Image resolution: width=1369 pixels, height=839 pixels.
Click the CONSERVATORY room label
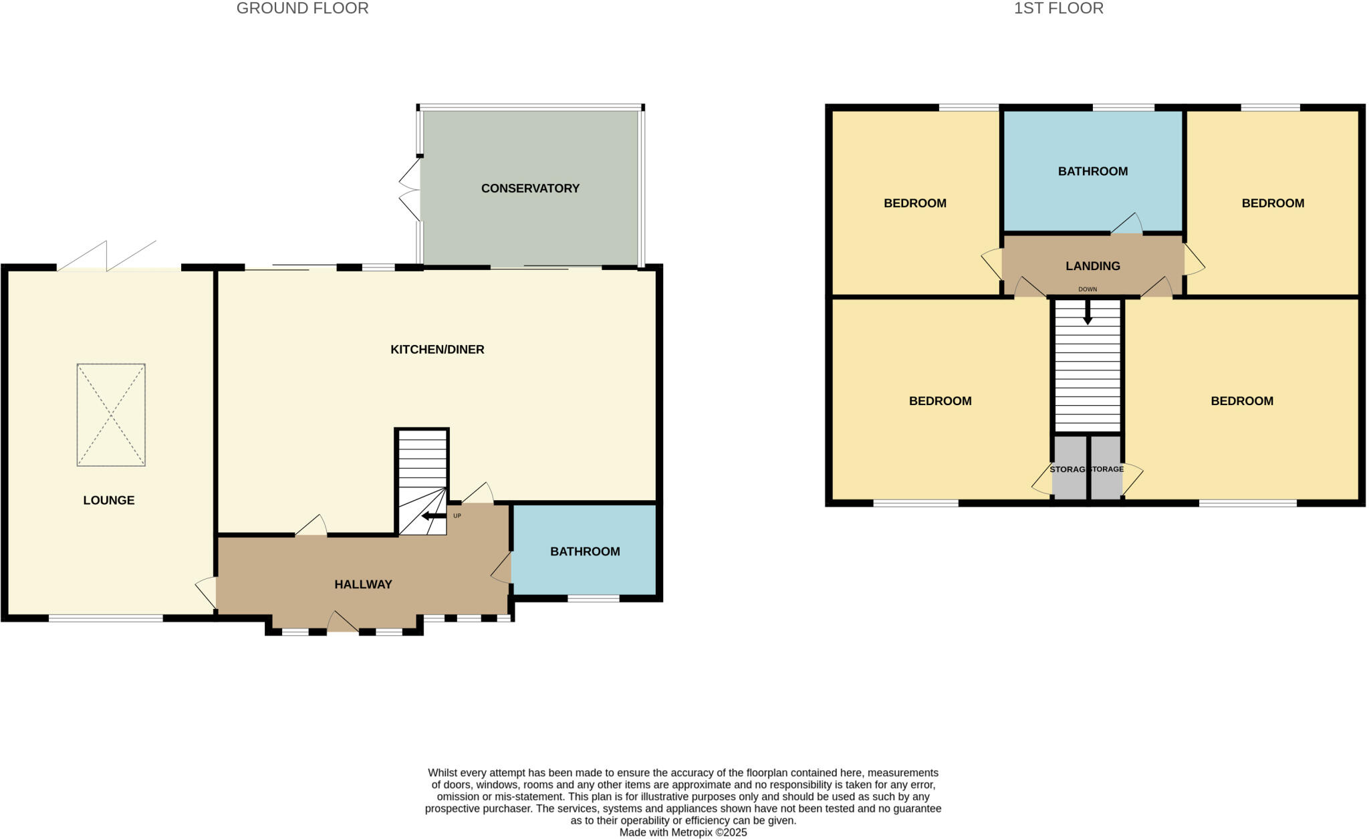530,189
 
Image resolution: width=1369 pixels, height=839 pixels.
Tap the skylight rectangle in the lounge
111,414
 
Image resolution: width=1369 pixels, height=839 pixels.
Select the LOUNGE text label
109,500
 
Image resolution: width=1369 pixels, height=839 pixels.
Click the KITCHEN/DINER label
437,350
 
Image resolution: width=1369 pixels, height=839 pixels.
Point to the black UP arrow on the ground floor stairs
434,516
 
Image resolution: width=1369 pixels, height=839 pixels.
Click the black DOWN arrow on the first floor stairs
1088,312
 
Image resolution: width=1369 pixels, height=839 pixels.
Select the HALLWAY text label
363,584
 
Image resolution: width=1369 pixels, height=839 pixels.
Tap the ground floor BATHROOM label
585,552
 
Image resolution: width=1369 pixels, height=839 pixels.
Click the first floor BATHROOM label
1093,171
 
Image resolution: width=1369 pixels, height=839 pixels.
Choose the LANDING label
1093,266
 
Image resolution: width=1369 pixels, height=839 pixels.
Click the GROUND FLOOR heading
302,9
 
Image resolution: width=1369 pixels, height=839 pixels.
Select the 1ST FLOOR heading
1059,9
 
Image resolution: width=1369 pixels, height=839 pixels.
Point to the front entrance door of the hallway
342,623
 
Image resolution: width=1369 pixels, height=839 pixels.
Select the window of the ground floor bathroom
594,598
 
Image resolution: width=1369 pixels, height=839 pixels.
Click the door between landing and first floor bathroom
1127,225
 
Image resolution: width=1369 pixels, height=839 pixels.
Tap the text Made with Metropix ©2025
683,832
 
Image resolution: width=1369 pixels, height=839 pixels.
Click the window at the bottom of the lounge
106,618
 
